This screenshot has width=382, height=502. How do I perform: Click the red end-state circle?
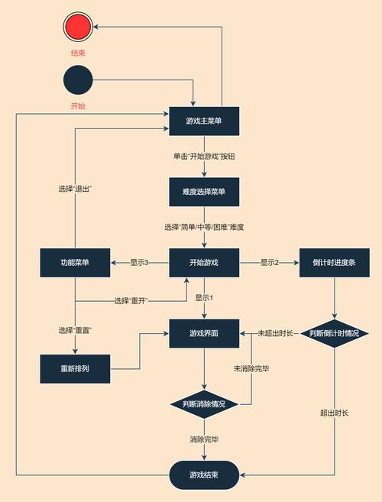pyautogui.click(x=79, y=28)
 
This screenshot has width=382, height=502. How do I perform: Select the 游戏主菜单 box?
pyautogui.click(x=204, y=121)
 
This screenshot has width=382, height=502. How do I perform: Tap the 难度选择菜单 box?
pyautogui.click(x=204, y=192)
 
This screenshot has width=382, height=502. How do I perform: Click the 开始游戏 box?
pyautogui.click(x=204, y=263)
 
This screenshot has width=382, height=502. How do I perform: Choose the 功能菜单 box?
pyautogui.click(x=75, y=263)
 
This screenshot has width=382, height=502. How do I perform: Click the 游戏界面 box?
pyautogui.click(x=204, y=333)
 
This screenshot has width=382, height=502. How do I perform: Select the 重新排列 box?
pyautogui.click(x=75, y=369)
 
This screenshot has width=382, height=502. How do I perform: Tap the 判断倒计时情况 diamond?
pyautogui.click(x=335, y=334)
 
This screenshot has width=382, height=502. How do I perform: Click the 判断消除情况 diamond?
pyautogui.click(x=204, y=403)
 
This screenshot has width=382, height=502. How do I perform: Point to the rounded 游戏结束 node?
pyautogui.click(x=204, y=474)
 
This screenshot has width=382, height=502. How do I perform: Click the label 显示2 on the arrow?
pyautogui.click(x=269, y=263)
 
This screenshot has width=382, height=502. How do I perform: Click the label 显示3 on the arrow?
pyautogui.click(x=139, y=263)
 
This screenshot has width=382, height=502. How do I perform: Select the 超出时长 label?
pyautogui.click(x=335, y=413)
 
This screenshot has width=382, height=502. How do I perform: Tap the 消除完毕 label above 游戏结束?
pyautogui.click(x=204, y=439)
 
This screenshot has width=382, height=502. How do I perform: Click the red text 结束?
pyautogui.click(x=79, y=54)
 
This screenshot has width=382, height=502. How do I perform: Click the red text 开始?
pyautogui.click(x=78, y=105)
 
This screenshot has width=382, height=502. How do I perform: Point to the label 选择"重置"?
pyautogui.click(x=75, y=330)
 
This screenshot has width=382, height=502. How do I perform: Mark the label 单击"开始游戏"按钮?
pyautogui.click(x=204, y=156)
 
